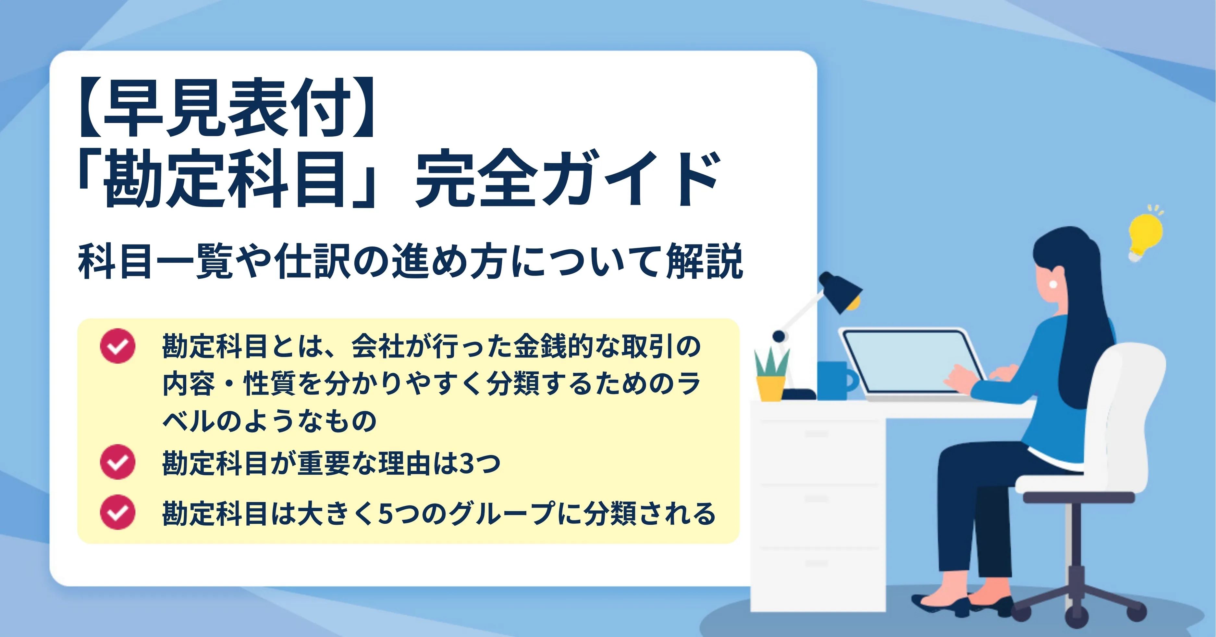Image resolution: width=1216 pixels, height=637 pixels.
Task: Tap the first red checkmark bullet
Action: pos(117,346)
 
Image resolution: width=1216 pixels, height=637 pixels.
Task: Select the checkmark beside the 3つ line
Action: pos(117,462)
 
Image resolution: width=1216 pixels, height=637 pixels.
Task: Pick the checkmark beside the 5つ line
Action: pos(117,512)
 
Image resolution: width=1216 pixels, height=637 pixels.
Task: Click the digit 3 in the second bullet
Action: pos(467,464)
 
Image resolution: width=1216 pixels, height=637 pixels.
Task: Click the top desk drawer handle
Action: pos(817,433)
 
